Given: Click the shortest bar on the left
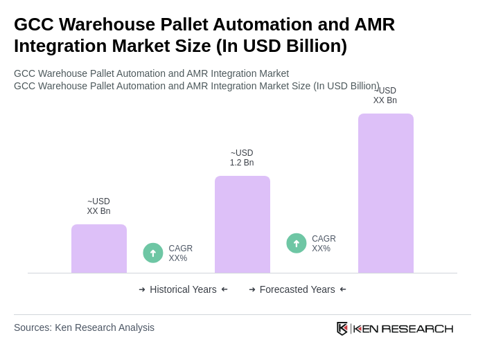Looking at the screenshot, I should (99, 249).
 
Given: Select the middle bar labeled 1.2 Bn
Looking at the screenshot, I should (242, 224).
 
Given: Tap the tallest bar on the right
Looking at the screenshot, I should (386, 193).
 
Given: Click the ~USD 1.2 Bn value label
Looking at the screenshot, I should (242, 158).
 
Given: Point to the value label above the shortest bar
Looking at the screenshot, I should (98, 206).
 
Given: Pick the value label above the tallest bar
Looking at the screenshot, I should (385, 96).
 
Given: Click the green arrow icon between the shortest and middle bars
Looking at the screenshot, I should (153, 253).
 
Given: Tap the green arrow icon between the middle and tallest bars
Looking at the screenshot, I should (297, 243).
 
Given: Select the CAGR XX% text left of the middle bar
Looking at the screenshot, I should (180, 253).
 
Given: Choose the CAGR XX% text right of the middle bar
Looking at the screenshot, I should (324, 244).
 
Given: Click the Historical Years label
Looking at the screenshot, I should (183, 289).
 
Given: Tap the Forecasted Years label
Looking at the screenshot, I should (297, 289).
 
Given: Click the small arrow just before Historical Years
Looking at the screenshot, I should (142, 289).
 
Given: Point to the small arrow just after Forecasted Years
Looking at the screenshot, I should (343, 289).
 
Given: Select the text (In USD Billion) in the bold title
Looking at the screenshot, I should (281, 46).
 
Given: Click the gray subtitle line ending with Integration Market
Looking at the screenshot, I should (151, 73).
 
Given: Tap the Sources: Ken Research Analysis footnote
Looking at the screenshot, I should (84, 327).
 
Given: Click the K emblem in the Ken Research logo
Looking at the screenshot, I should (342, 328).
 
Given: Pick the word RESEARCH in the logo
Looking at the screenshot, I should (417, 328).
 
